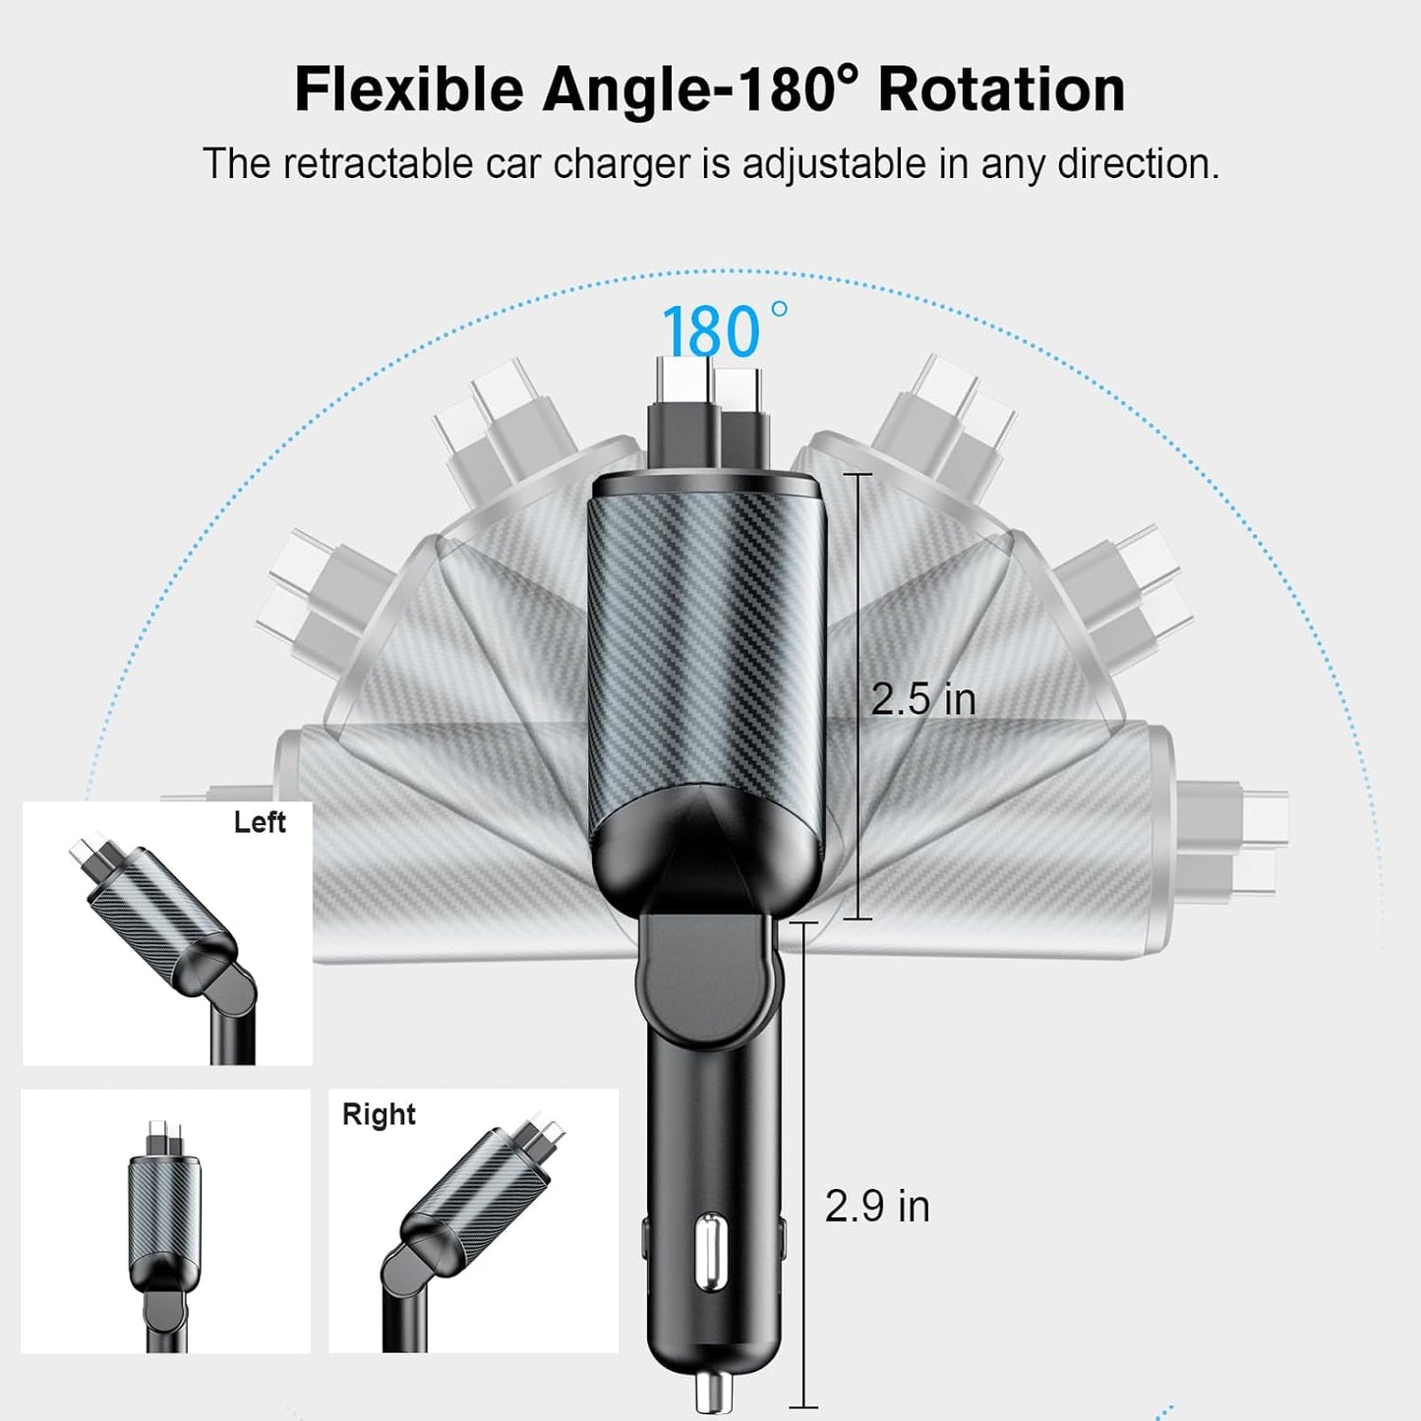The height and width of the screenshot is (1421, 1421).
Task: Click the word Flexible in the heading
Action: pos(409,90)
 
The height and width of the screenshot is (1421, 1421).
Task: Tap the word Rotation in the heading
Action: pos(1001,90)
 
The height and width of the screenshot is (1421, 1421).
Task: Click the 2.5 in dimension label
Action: pos(922,699)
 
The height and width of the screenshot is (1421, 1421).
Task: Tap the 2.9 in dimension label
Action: pos(876,1207)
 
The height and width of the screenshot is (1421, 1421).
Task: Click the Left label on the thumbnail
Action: pos(260,822)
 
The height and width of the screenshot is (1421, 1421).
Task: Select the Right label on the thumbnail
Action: pos(379,1114)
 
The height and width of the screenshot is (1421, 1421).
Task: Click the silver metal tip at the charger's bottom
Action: pos(712,1392)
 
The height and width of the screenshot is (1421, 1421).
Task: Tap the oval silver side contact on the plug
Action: pos(711,1251)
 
